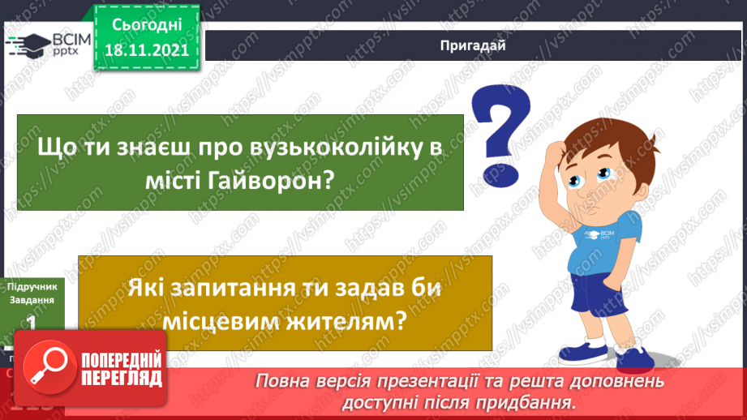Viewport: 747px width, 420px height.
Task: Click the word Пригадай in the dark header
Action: coord(474,45)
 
